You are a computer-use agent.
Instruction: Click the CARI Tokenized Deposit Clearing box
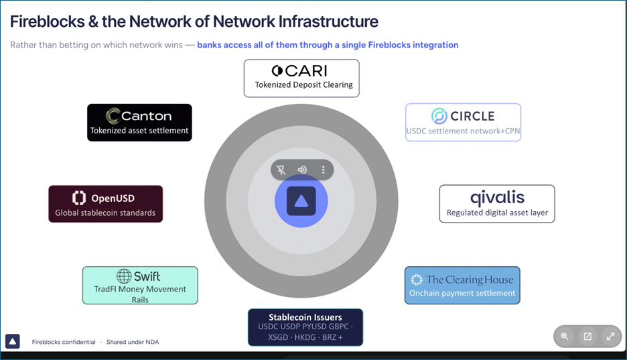tap(301, 78)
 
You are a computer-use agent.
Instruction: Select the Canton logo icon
tap(113, 116)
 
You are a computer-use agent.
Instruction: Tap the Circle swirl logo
tap(439, 116)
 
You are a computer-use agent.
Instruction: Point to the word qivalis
tap(497, 198)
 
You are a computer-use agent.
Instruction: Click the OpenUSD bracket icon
tap(79, 198)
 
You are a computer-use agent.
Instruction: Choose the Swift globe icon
tap(124, 276)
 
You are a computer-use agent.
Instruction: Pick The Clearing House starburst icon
tap(417, 280)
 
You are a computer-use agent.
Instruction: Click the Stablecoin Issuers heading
tap(305, 317)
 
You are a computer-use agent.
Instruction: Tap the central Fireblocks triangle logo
tap(301, 201)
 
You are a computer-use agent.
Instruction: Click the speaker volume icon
tap(302, 170)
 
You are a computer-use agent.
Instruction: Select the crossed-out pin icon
tap(281, 170)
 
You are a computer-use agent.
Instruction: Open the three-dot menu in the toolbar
tap(323, 170)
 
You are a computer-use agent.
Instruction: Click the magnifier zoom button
tap(565, 337)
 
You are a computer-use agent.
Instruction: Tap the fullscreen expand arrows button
tap(610, 337)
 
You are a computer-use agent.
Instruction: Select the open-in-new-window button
tap(587, 337)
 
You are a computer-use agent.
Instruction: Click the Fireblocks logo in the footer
tap(13, 342)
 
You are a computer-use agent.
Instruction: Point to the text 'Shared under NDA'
tap(133, 342)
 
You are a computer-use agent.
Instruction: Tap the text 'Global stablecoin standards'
tap(105, 213)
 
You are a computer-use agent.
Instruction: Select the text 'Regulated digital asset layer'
tap(498, 213)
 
